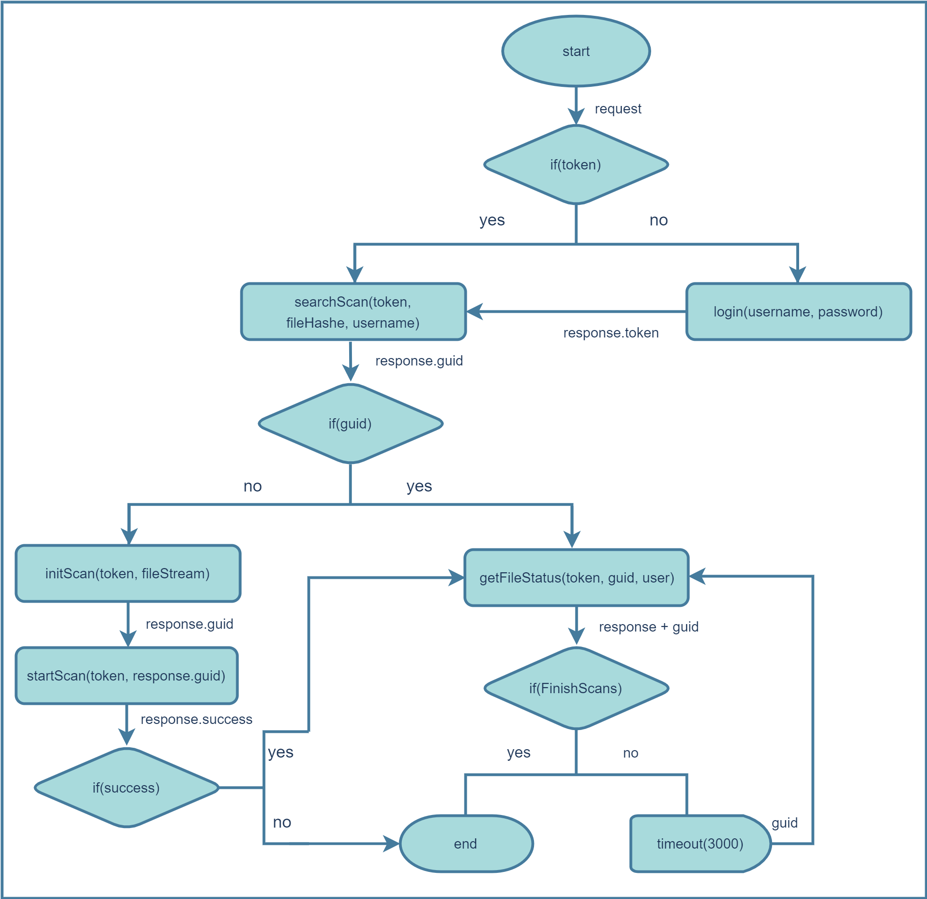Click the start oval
[x=576, y=51]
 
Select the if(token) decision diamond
[x=576, y=165]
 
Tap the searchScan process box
[x=353, y=312]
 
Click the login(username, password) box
[x=798, y=312]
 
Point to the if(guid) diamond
[x=350, y=424]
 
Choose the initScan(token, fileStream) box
[x=128, y=573]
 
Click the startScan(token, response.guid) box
[x=126, y=675]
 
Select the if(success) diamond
[x=126, y=787]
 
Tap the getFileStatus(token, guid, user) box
[x=576, y=577]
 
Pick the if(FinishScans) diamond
[x=576, y=688]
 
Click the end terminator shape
[x=466, y=843]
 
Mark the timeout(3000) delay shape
[x=700, y=843]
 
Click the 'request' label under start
[x=618, y=109]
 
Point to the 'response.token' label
[x=611, y=333]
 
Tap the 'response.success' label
[x=197, y=719]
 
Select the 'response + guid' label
[x=648, y=626]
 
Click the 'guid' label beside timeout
[x=784, y=823]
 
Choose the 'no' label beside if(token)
[x=658, y=220]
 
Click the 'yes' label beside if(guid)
[x=419, y=486]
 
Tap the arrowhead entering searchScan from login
[x=474, y=312]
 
